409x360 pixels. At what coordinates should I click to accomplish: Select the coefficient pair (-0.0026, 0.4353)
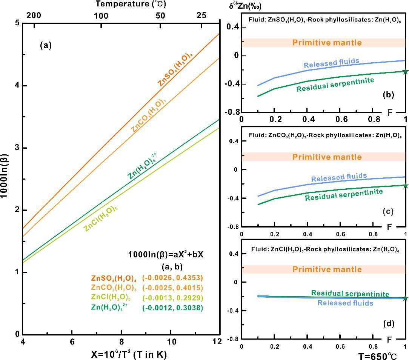tap(172, 278)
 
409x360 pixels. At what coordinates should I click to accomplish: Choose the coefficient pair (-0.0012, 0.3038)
tap(172, 308)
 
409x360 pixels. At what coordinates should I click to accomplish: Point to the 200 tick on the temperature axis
tap(34, 15)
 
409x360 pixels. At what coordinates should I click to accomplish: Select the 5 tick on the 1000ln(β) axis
tap(17, 23)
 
